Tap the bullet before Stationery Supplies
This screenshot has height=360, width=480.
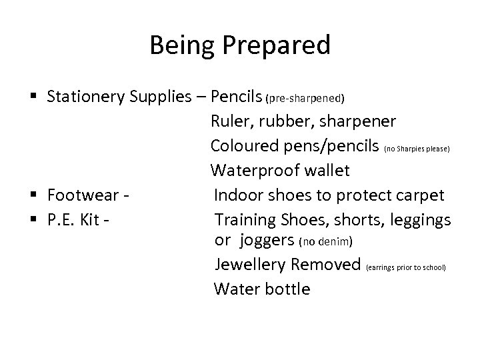(x=35, y=97)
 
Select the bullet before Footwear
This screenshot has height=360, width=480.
(x=35, y=195)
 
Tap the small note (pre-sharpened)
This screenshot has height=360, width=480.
(x=305, y=99)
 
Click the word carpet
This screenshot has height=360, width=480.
(x=420, y=195)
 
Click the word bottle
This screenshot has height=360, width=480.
(x=288, y=289)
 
